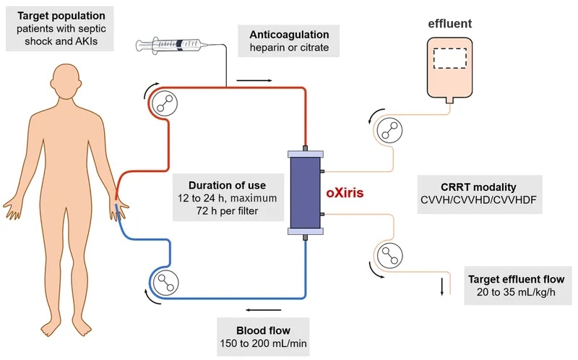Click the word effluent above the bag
click(449, 24)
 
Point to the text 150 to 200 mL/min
click(263, 340)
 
